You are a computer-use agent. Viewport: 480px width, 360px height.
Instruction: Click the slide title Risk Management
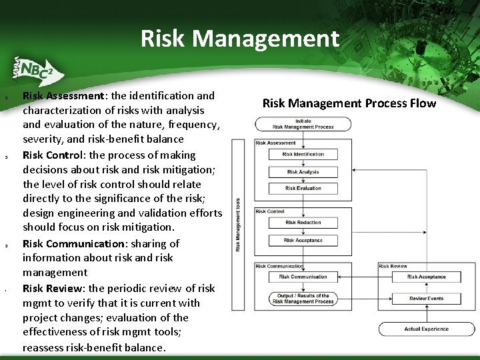[x=239, y=39]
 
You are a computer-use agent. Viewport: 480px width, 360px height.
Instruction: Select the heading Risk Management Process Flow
[x=349, y=103]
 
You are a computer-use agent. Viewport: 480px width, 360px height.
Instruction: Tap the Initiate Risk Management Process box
[x=303, y=124]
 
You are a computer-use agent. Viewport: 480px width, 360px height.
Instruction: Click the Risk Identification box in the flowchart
[x=303, y=154]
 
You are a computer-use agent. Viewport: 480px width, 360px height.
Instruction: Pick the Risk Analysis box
[x=303, y=172]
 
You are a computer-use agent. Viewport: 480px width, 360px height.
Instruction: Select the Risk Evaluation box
[x=303, y=189]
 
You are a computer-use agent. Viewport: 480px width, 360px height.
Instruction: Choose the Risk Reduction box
[x=303, y=223]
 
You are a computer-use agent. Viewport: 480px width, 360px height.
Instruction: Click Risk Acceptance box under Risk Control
[x=303, y=241]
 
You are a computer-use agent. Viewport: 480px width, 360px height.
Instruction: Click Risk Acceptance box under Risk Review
[x=427, y=277]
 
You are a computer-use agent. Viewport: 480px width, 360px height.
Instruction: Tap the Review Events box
[x=427, y=299]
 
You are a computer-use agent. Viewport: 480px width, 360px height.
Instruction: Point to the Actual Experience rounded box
[x=427, y=329]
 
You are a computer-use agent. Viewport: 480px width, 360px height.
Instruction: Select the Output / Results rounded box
[x=303, y=299]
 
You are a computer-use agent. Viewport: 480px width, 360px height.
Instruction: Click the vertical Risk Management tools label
[x=238, y=225]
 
